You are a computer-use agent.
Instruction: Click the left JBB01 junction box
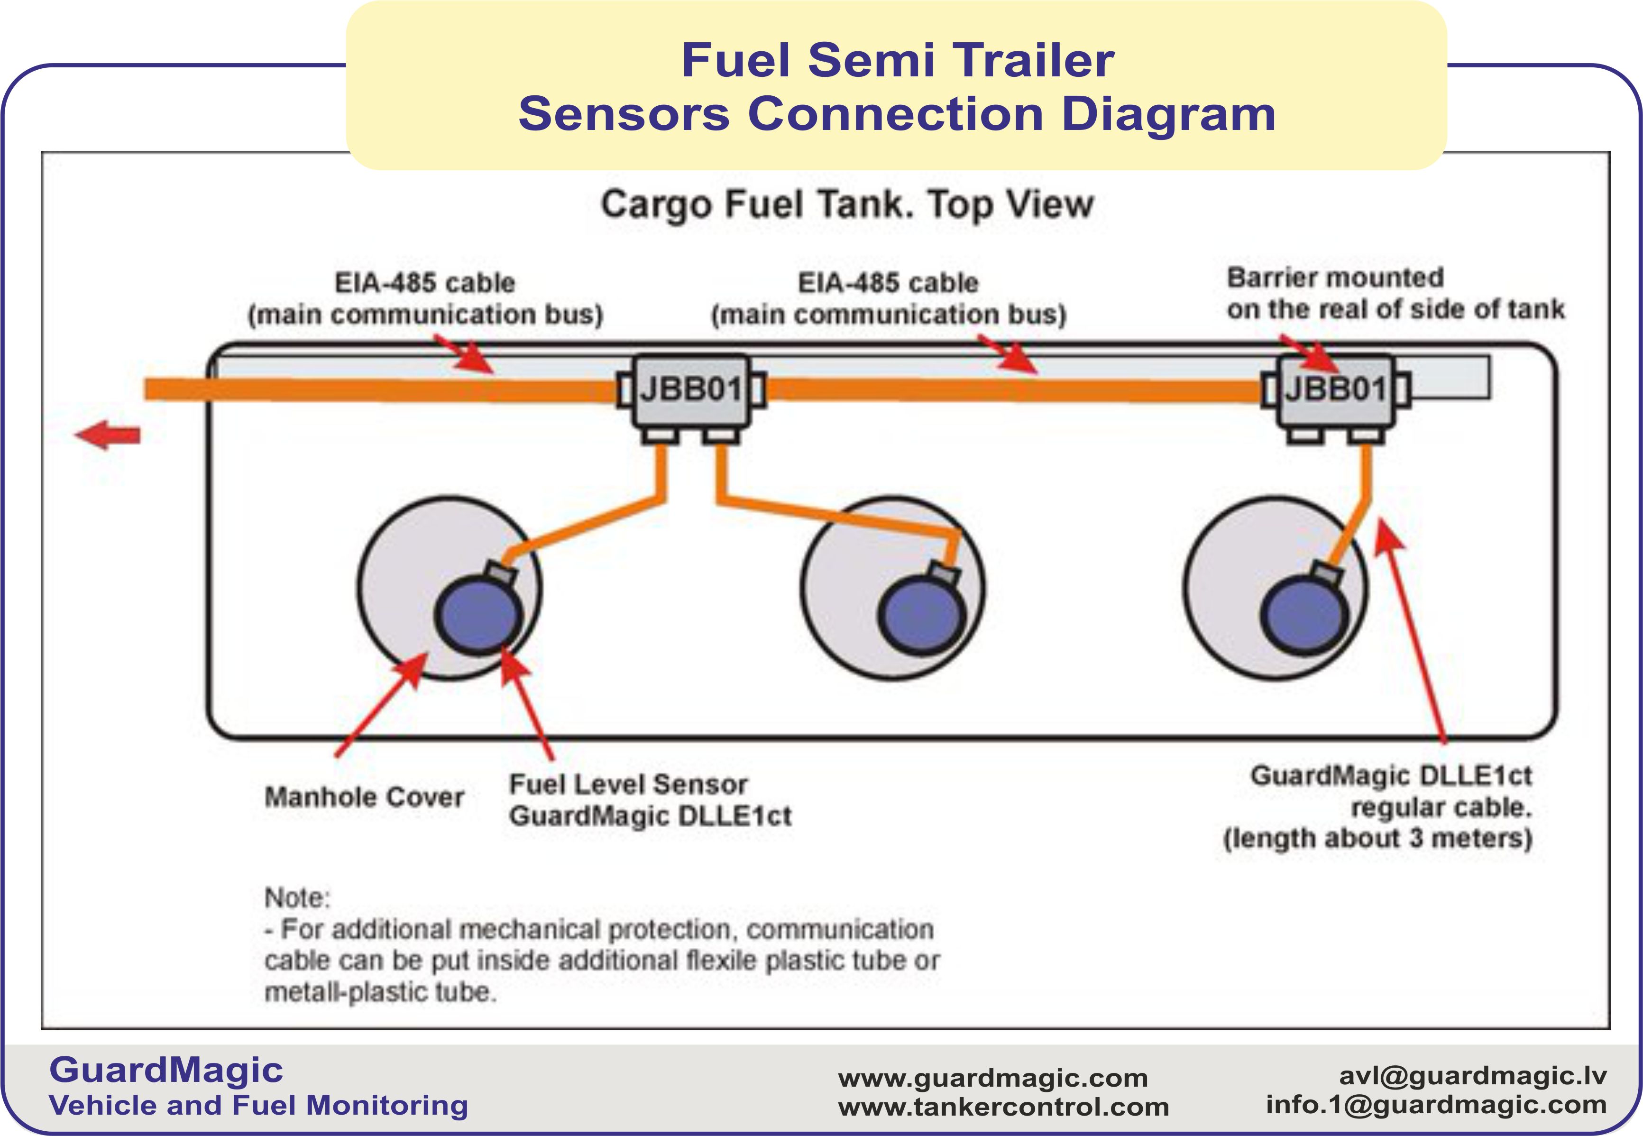point(690,390)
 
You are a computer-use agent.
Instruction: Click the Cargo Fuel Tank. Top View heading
point(847,204)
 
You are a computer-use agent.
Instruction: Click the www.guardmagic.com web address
point(992,1078)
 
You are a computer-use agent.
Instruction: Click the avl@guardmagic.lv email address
point(1473,1075)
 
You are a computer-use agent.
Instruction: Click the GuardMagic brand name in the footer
point(166,1070)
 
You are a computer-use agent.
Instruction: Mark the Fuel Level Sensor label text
point(628,785)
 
